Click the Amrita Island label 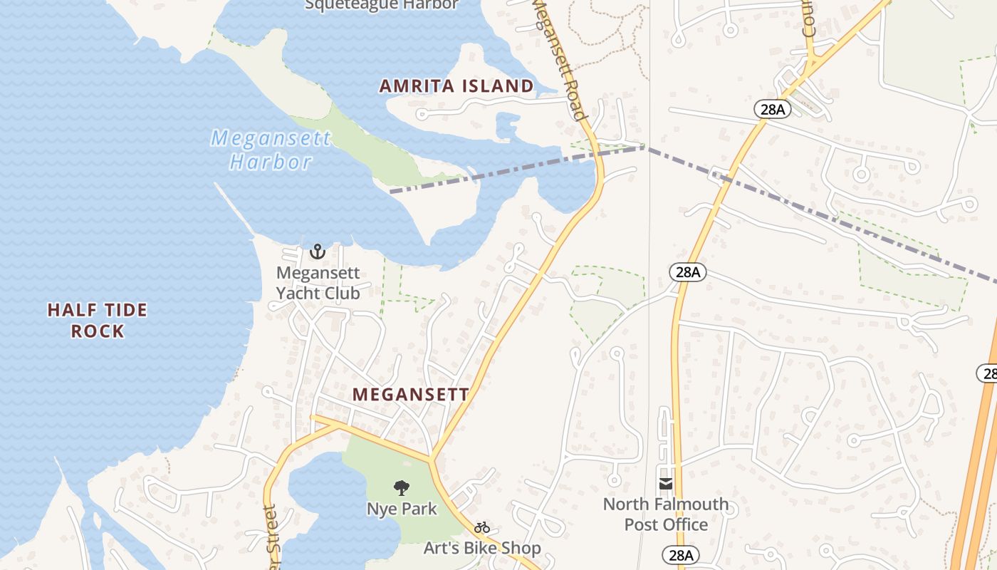click(x=456, y=86)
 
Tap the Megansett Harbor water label click(x=271, y=150)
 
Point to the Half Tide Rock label click(x=98, y=320)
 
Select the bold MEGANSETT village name click(x=411, y=394)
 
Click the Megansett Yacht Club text click(x=318, y=283)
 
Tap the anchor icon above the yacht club click(x=318, y=251)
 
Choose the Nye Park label click(x=402, y=509)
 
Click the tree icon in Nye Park click(x=402, y=488)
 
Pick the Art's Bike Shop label click(x=482, y=548)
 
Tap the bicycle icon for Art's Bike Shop click(x=482, y=528)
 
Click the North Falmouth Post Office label click(x=666, y=514)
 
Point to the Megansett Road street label click(x=560, y=61)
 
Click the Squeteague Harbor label click(x=382, y=4)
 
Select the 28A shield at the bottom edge click(x=681, y=555)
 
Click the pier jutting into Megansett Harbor click(x=235, y=210)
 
